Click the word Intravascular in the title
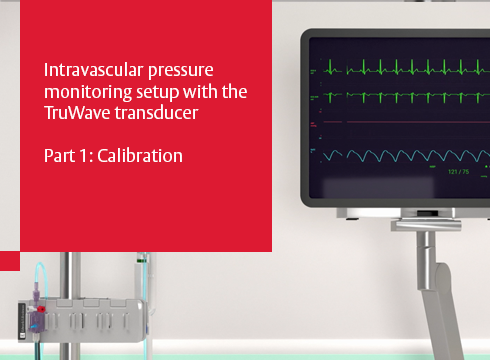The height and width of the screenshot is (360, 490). point(84,72)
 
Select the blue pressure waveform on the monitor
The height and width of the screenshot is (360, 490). point(400,156)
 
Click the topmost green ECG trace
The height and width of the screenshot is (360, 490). point(400,70)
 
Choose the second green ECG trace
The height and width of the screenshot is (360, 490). point(400,98)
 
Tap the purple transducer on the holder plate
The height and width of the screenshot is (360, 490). point(34,301)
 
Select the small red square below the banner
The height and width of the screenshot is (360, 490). point(10,261)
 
